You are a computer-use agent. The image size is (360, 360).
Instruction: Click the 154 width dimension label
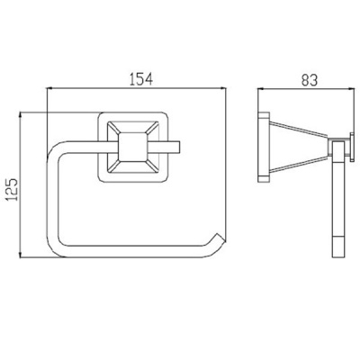141,78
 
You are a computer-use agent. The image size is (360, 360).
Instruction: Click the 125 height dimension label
13,190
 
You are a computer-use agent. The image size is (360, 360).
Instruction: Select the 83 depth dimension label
309,79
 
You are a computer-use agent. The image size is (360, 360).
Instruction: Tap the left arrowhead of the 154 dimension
49,88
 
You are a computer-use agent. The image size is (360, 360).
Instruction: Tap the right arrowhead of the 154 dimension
223,88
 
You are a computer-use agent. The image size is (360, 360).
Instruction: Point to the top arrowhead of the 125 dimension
21,116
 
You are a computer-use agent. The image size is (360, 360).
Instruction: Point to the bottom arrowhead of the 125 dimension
21,255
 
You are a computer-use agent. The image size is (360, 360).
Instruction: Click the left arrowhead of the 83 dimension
261,88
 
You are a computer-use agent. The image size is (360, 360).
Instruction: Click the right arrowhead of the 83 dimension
350,88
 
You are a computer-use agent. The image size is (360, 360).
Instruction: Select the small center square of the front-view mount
133,147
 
